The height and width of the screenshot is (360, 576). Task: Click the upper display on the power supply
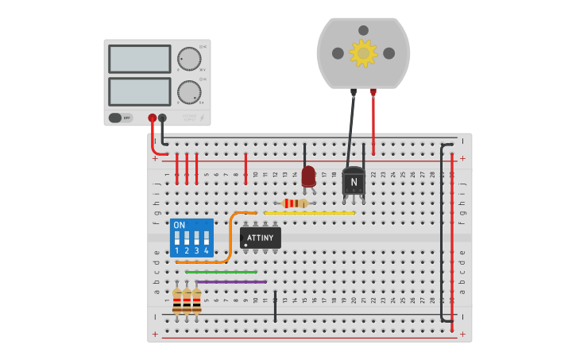point(139,59)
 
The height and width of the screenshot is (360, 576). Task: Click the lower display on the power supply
point(139,91)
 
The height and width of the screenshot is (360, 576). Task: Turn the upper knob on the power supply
point(189,59)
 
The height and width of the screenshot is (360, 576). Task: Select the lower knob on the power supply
point(189,91)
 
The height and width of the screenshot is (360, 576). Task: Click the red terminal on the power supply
point(152,118)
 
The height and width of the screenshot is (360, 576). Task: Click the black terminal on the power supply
point(162,118)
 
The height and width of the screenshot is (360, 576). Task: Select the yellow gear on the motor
point(363,52)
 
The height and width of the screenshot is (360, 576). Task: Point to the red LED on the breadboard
point(308,176)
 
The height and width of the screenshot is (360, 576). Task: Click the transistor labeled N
point(354,181)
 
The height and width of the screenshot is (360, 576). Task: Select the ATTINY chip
point(261,238)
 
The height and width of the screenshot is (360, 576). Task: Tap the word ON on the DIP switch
point(179,225)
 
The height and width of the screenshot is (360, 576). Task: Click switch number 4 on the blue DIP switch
point(206,238)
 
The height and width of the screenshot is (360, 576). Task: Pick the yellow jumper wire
point(310,213)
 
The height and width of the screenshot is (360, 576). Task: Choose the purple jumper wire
point(230,281)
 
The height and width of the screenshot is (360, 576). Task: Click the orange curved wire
point(228,238)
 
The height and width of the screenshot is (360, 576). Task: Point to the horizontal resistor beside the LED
point(294,203)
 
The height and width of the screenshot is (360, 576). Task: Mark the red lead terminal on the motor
point(373,92)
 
